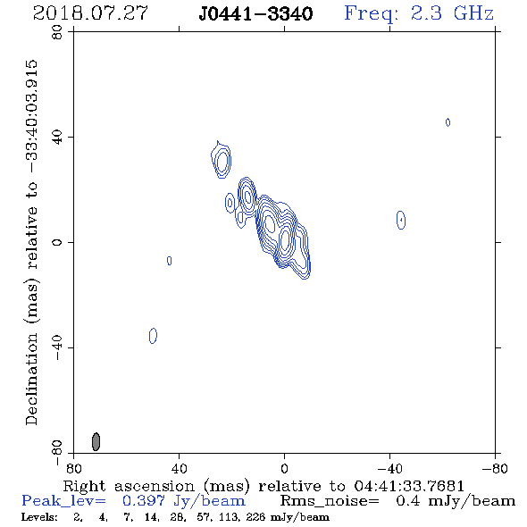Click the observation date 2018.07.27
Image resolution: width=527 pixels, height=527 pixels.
click(90, 13)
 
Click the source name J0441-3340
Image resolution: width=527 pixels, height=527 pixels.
click(255, 13)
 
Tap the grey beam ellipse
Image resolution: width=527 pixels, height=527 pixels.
click(96, 441)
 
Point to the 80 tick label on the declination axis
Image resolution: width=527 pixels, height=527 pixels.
click(57, 32)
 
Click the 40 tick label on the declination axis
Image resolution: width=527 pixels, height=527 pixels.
click(57, 138)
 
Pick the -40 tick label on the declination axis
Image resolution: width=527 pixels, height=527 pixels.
click(57, 347)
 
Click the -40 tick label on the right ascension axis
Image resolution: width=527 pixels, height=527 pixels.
click(389, 468)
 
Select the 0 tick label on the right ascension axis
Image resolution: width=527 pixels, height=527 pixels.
click(284, 468)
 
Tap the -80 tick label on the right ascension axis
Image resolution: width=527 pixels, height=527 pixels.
click(495, 468)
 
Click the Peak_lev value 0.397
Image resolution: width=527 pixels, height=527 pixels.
click(144, 501)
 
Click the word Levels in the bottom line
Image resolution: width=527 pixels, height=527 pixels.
click(39, 517)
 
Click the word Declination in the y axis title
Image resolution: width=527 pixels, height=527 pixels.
click(31, 379)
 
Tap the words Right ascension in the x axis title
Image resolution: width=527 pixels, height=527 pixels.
click(129, 486)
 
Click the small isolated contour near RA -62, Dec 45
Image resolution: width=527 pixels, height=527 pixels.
click(448, 122)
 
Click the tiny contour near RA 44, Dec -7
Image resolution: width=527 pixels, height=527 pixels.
click(170, 261)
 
